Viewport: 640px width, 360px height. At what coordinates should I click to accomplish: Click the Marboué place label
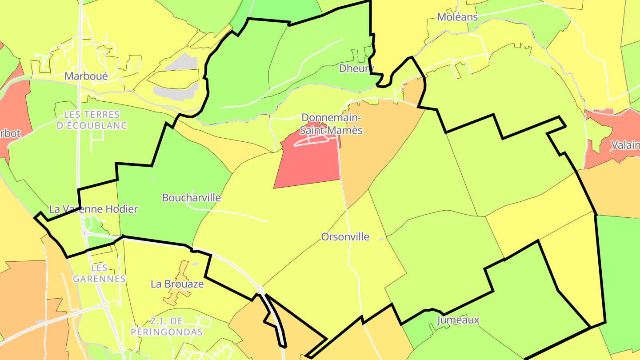click(86, 76)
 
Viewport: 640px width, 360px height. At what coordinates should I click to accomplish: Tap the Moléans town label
click(457, 17)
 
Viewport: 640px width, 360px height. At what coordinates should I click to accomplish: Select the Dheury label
click(354, 68)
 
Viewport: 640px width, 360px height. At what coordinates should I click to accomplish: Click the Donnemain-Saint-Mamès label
click(331, 124)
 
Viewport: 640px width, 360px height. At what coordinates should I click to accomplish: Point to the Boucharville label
click(191, 198)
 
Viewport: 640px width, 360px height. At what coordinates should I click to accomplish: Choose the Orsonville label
click(345, 237)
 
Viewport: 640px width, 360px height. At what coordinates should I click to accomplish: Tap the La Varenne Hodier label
click(93, 209)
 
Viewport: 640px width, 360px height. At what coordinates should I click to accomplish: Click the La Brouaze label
click(177, 284)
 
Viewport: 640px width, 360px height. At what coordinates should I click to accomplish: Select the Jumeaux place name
click(458, 320)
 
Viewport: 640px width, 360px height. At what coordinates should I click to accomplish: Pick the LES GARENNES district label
click(99, 273)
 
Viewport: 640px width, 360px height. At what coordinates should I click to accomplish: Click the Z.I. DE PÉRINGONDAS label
click(167, 327)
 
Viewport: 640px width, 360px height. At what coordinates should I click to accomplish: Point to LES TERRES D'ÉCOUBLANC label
click(92, 120)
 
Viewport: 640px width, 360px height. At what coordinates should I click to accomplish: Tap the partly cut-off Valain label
click(625, 145)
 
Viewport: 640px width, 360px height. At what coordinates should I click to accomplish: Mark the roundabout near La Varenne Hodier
click(84, 233)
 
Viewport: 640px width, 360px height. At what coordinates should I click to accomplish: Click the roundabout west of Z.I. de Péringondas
click(105, 305)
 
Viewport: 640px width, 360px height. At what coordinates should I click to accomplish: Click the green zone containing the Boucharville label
click(173, 178)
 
